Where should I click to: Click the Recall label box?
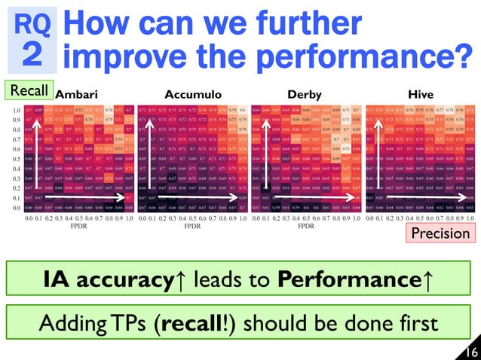[x=29, y=91]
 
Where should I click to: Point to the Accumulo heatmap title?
[x=192, y=96]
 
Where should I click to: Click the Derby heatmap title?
[x=306, y=96]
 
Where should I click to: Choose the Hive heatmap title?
[x=420, y=96]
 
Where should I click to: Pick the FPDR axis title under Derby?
[x=306, y=225]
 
